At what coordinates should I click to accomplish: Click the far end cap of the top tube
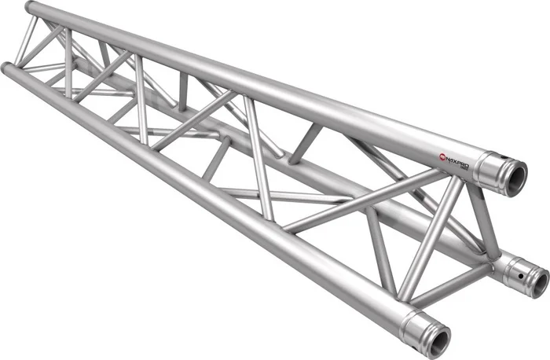pos(30,8)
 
